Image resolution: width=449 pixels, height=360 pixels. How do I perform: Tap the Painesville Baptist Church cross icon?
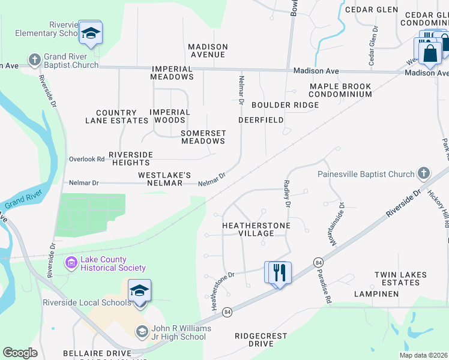pos(424,174)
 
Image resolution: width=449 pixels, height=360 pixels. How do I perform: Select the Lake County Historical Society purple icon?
pos(71,262)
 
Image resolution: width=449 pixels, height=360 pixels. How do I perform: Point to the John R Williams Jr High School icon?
pos(142,331)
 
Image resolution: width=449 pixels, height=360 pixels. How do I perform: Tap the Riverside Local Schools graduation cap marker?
pos(139,292)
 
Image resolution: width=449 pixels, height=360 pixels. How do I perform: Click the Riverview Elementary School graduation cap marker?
pos(91,33)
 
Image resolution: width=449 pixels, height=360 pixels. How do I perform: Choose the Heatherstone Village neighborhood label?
pos(256,229)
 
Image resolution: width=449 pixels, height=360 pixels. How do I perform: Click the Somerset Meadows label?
pos(203,137)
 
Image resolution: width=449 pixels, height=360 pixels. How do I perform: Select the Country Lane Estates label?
pos(122,116)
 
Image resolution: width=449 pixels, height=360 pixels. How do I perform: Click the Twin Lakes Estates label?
pos(402,278)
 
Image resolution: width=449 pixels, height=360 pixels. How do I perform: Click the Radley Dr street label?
pos(288,194)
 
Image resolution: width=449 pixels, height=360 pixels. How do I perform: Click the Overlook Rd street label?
pos(86,159)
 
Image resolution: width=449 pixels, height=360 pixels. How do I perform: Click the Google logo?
pos(20,353)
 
